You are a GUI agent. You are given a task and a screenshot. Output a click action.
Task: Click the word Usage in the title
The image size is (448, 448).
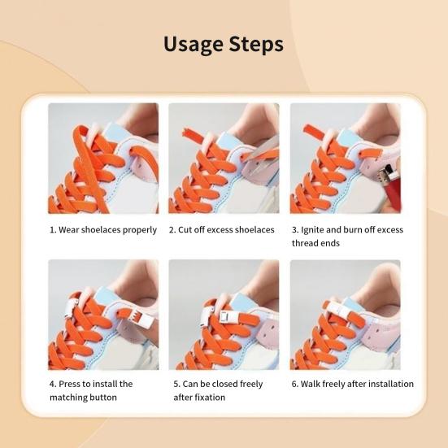(x=193, y=45)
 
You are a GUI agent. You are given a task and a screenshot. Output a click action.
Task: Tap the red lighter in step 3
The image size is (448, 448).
(x=390, y=185)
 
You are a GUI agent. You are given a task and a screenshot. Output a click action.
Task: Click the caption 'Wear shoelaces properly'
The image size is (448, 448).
(x=107, y=230)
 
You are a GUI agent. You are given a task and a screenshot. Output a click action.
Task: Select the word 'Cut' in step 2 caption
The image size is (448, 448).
(x=185, y=230)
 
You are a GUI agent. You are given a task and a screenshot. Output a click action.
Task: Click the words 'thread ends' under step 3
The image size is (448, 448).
(x=315, y=243)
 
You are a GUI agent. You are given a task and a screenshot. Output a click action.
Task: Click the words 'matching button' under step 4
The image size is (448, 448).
(x=83, y=397)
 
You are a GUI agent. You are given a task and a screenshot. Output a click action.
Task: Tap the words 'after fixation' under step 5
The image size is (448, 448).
(x=199, y=397)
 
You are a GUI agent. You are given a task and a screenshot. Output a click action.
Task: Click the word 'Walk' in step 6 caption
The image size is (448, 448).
(x=311, y=384)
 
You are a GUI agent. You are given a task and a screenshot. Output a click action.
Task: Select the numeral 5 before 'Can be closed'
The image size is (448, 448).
(x=176, y=384)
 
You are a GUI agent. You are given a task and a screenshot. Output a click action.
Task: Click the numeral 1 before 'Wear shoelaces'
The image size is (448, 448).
(x=52, y=230)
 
